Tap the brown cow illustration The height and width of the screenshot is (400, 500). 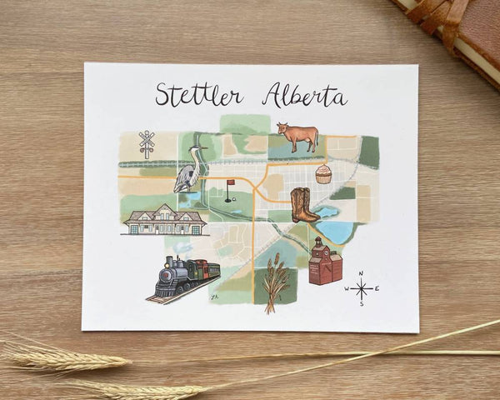[x=297, y=136]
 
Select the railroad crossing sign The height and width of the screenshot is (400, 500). [x=147, y=143]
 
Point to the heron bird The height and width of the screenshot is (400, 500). [x=190, y=170]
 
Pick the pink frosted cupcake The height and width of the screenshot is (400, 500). [x=322, y=174]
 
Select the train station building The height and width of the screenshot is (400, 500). [x=164, y=219]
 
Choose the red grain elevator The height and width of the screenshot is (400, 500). [x=324, y=262]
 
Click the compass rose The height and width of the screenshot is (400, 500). [x=362, y=289]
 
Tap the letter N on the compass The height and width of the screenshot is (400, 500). [x=361, y=274]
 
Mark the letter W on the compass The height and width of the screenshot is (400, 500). [x=347, y=290]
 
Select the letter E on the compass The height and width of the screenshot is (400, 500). [x=377, y=289]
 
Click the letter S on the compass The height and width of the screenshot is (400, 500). [x=362, y=304]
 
